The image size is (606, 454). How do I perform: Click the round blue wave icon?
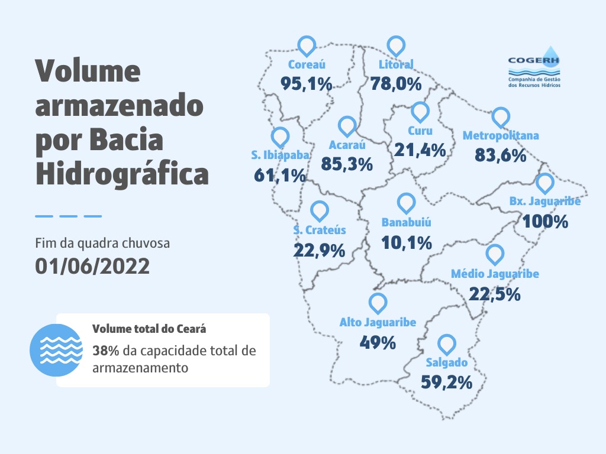click(x=56, y=351)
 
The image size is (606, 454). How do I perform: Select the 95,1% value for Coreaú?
click(x=306, y=84)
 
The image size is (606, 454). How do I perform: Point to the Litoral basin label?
click(x=395, y=64)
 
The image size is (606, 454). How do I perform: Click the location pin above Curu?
click(x=420, y=112)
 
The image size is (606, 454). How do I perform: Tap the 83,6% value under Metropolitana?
click(x=500, y=155)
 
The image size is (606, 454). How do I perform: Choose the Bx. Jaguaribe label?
click(x=544, y=202)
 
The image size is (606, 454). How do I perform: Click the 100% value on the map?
click(x=544, y=222)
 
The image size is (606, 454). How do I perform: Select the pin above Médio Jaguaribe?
click(x=495, y=255)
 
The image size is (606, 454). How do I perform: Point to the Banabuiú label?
click(x=406, y=223)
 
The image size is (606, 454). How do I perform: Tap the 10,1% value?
click(x=406, y=243)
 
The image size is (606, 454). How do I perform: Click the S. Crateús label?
click(x=320, y=230)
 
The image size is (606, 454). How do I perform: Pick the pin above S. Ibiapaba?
click(x=280, y=137)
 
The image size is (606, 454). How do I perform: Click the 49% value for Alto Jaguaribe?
click(x=378, y=342)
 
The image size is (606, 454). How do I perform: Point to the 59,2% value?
click(x=446, y=382)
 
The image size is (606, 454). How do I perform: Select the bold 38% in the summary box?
click(x=106, y=351)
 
